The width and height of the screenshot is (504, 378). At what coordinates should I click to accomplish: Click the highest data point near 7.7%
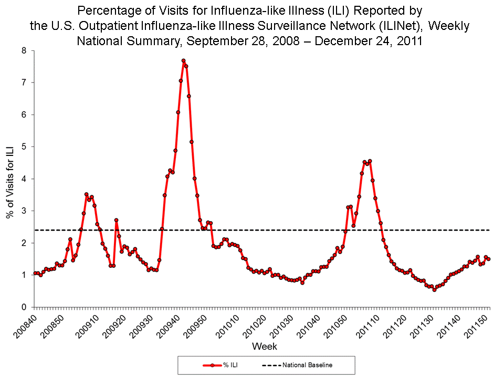point(183,61)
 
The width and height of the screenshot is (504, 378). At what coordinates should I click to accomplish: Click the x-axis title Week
point(265,346)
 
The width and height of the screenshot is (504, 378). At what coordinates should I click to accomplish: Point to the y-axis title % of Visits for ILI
point(9,178)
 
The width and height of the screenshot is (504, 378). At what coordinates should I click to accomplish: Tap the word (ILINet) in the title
point(400,25)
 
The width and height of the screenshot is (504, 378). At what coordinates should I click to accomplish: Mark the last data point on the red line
point(489,259)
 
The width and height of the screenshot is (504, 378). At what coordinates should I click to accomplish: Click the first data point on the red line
point(35,273)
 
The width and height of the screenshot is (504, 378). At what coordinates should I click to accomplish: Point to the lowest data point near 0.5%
point(434,290)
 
